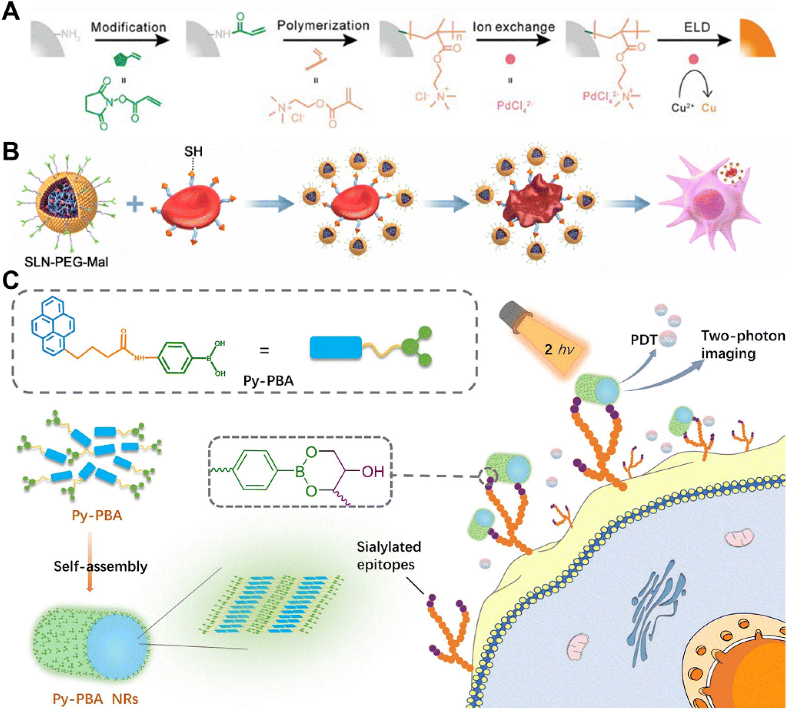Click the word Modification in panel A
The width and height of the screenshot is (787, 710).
point(129,27)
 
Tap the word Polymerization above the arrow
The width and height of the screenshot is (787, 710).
point(323,25)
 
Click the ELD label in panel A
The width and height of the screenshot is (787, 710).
point(697,27)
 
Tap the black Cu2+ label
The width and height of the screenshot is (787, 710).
point(682,107)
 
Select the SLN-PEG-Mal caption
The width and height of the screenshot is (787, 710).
point(66,262)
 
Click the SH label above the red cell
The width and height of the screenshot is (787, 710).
point(193,151)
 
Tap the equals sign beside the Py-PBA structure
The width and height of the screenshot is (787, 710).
point(265,350)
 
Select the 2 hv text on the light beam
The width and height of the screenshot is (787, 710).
point(559,349)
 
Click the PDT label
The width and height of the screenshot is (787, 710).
point(644,340)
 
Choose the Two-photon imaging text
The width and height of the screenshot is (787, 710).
point(742,344)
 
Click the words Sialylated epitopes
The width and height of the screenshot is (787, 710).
point(388,555)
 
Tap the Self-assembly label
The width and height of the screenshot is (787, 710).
point(100,566)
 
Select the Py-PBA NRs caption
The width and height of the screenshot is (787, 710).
point(95,699)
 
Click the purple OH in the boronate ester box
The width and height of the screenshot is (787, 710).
point(373,472)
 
